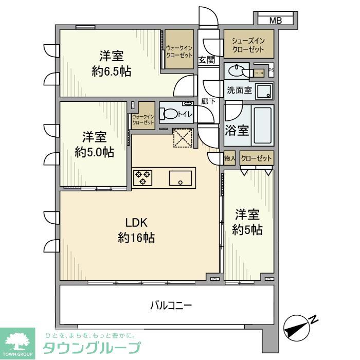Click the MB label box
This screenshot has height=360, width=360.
(276, 21)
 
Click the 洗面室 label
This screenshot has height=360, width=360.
(239, 91)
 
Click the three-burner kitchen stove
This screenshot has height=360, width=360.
(143, 178)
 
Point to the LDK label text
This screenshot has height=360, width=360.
(137, 223)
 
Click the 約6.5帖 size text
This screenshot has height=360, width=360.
(111, 72)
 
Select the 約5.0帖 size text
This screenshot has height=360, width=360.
(94, 152)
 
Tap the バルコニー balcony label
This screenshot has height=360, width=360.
(171, 306)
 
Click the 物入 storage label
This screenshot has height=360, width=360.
(229, 159)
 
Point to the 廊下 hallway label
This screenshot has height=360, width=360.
(208, 102)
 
